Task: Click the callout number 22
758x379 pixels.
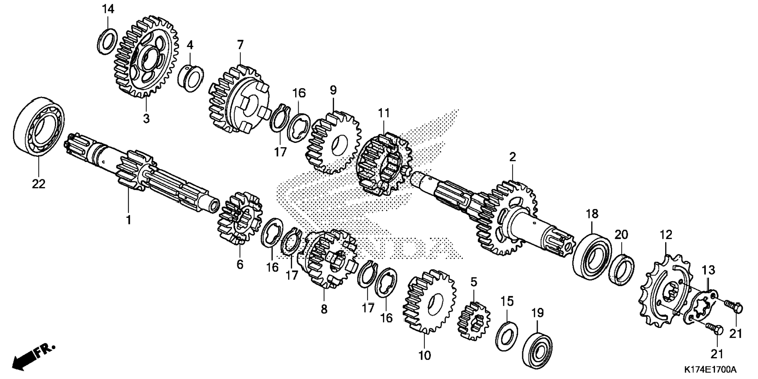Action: [x=39, y=184]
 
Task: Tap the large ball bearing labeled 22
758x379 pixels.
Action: [x=39, y=125]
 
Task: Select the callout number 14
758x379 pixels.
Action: [x=108, y=9]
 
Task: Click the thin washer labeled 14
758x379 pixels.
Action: [x=107, y=41]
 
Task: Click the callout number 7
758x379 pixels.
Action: [x=240, y=45]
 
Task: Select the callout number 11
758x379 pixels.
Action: [x=384, y=113]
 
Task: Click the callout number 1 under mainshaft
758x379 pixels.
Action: [x=128, y=220]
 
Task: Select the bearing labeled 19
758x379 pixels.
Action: [x=537, y=349]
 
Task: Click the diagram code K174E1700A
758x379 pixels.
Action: [x=710, y=370]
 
